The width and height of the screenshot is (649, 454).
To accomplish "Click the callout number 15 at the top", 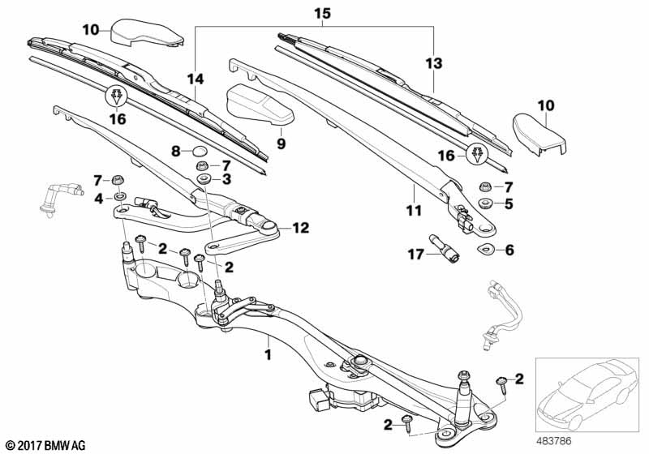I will click(322, 15).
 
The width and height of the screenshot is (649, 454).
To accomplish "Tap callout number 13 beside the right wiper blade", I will click(435, 62).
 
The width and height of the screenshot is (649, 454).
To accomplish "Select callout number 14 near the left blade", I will click(195, 79).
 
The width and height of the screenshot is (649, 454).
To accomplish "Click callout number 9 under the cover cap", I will click(282, 143).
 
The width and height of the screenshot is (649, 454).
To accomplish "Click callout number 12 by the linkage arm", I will click(301, 229).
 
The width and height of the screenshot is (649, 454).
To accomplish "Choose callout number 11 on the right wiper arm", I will click(415, 211).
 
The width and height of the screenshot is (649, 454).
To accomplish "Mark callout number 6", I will click(509, 250).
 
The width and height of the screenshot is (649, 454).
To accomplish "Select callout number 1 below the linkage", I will click(268, 354).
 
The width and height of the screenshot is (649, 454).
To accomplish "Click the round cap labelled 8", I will click(200, 150).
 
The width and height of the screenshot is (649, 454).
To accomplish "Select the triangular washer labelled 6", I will click(486, 249).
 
